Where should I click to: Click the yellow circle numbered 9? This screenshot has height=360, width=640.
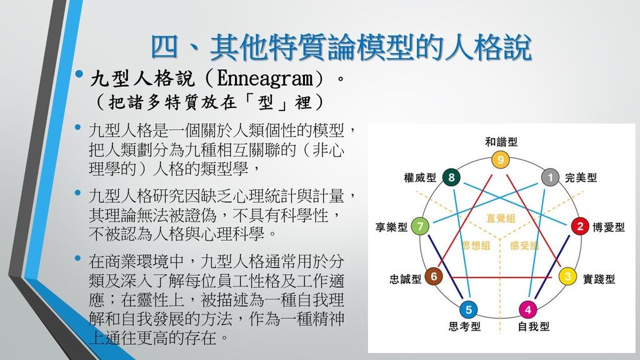501,159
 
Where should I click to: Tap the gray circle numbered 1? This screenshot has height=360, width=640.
550,177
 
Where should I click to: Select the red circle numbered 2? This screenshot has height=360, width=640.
579,226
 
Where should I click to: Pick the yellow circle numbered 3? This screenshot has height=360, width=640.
567,276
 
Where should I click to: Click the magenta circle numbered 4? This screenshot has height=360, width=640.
527,310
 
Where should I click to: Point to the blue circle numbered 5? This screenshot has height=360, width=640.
469,310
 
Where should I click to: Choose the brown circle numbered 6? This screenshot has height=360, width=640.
434,276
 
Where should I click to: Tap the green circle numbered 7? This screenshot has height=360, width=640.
420,226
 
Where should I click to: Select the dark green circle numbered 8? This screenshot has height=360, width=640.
451,177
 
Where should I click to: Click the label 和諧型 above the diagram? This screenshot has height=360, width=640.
501,142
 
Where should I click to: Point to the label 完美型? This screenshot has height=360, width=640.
581,177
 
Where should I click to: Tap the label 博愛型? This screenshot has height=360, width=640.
609,227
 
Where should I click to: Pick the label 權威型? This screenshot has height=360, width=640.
420,177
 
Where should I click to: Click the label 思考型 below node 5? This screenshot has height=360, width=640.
464,326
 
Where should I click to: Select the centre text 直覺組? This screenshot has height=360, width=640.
501,218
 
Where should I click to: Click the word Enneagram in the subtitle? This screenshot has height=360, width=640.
264,77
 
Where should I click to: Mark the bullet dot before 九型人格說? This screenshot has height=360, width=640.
79,74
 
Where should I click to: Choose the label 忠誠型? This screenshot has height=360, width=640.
405,279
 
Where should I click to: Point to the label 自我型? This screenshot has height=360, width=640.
534,326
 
